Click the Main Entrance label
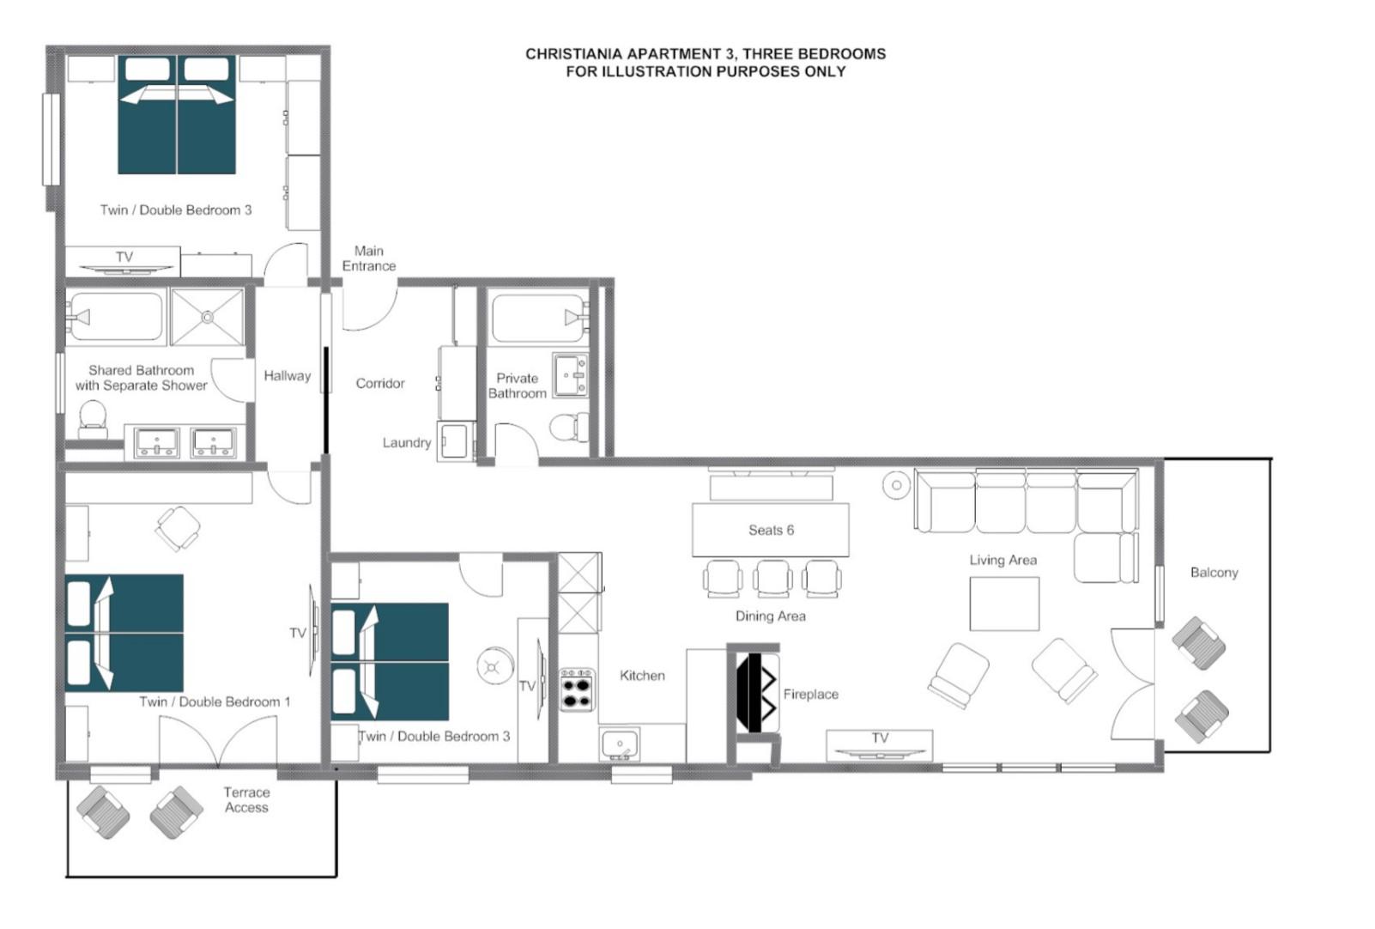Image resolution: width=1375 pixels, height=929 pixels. coord(369,258)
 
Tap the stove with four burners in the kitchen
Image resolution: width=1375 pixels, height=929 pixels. coord(577,690)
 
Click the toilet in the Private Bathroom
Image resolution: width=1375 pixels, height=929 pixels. coord(567,427)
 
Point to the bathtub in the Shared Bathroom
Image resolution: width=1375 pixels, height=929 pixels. coord(116,317)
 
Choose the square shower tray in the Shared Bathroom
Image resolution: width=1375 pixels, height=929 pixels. coord(207,317)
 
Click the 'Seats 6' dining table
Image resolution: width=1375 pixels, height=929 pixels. coord(770,530)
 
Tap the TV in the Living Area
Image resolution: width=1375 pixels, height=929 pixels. coord(879,746)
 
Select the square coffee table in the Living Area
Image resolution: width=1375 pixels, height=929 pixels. coord(1004,604)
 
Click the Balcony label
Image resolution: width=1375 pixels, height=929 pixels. coord(1214,573)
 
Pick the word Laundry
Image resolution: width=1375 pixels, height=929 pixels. coord(407,443)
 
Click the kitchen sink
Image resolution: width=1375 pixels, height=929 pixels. coord(620,744)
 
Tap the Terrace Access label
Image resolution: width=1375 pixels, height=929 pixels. coord(246,800)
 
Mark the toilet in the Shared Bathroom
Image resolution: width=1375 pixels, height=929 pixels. coord(93,419)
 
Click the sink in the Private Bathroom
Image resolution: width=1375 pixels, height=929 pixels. coord(570,375)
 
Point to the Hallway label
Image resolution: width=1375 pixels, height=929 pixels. coord(287,376)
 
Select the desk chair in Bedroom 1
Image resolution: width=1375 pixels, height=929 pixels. coord(178,527)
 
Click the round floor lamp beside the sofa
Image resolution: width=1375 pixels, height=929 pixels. coord(896,485)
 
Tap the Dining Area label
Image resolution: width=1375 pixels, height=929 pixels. coord(770,616)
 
